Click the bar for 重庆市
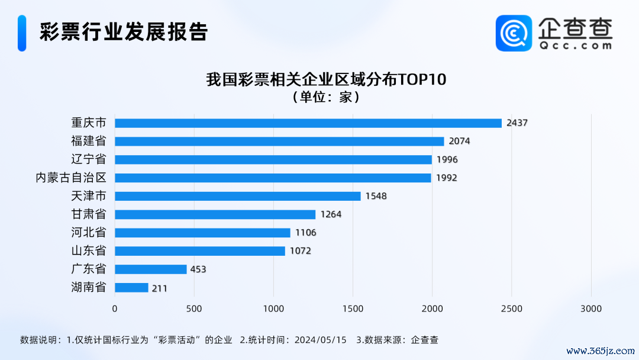(308, 123)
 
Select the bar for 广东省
(150, 269)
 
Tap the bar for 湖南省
(131, 288)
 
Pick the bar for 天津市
(237, 196)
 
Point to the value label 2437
(517, 123)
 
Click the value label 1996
(447, 160)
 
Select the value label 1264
(331, 214)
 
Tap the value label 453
(198, 269)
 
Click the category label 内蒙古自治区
(71, 178)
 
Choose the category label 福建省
(89, 142)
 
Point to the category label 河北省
(89, 233)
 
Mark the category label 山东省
(89, 251)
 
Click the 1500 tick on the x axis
(353, 308)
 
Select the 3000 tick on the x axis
(591, 308)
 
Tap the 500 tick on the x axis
(194, 308)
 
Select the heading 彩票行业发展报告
(124, 32)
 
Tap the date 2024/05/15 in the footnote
(320, 340)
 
